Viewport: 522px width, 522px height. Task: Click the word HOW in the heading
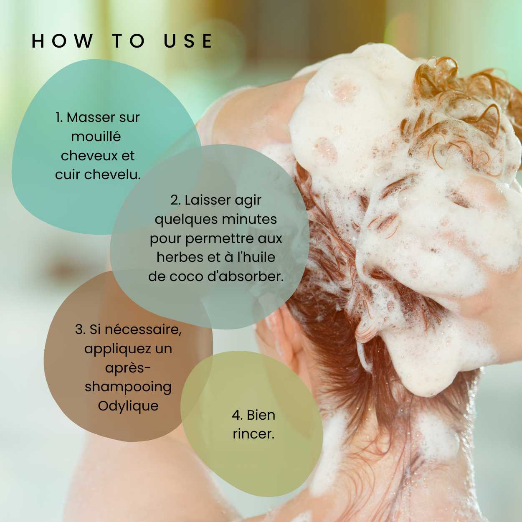click(62, 41)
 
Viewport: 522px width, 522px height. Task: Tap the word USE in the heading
click(188, 41)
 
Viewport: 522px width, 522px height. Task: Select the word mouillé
click(96, 136)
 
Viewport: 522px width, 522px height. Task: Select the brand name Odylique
click(128, 406)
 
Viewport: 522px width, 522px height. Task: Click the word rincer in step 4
click(253, 434)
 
